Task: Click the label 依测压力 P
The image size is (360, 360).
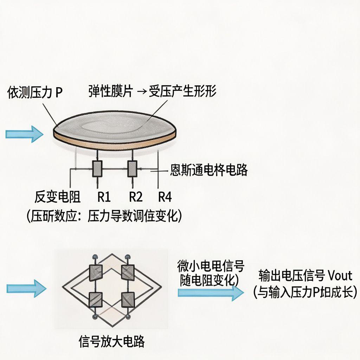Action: pos(34,94)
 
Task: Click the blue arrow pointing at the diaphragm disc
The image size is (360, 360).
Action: pos(24,134)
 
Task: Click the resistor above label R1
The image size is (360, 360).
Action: pos(97,169)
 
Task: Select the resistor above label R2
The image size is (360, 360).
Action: pos(132,169)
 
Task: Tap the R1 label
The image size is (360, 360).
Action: pos(104,197)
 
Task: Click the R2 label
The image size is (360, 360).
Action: pos(136,197)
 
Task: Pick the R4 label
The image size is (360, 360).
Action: pos(165,197)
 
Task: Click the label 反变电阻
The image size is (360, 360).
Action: pos(58,197)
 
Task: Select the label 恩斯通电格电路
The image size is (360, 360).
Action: pos(209,170)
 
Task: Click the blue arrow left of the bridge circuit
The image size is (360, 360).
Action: pos(27,288)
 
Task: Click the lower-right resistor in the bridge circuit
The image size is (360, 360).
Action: pos(127,300)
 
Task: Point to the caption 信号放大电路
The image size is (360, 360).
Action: pos(112,341)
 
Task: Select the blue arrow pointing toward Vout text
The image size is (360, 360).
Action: pos(210,292)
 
